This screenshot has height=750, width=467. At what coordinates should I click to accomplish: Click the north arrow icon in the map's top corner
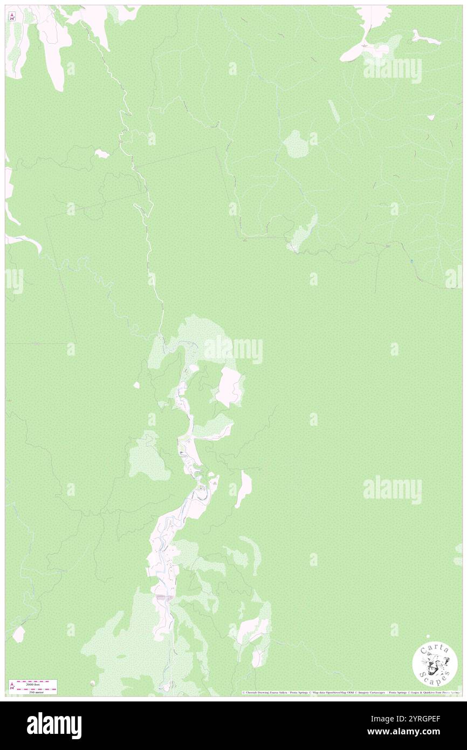coord(12,16)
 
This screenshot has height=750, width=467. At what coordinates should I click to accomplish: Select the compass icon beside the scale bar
coord(12,686)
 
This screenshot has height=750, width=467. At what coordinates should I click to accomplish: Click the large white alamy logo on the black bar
coord(54,726)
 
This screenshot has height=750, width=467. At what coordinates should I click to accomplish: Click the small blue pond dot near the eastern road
coord(413,261)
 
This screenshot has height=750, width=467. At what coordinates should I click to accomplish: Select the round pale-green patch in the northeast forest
coord(296,144)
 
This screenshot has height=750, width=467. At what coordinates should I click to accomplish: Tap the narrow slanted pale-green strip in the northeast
coord(334,111)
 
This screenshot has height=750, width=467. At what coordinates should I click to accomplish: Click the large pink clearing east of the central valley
coord(230,387)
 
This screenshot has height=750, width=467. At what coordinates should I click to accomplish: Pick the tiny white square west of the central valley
coord(137,385)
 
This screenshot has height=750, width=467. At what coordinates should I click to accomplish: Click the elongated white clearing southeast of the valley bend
coord(244,488)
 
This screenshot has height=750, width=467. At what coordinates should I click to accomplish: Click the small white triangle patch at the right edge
coord(430,117)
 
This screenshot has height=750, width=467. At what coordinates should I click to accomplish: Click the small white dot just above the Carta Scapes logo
coord(428,637)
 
